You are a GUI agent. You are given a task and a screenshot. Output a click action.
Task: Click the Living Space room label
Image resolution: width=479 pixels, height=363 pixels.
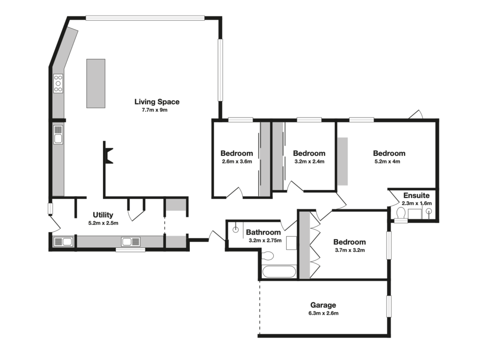pos(157,102)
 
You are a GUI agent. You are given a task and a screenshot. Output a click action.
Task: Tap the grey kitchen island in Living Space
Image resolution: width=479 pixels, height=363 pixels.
pos(95,83)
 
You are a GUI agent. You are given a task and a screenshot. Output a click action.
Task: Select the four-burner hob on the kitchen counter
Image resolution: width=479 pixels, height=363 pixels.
pos(58,83)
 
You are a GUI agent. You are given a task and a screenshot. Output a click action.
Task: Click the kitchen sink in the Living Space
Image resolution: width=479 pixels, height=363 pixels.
pos(58,134)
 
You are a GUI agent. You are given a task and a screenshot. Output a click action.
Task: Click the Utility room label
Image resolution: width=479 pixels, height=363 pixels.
pos(103,215)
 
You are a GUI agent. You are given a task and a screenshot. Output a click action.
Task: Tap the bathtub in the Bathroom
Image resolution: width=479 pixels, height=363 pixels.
pos(279,272)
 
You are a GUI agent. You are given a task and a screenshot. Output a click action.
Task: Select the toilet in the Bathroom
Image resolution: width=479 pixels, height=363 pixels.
pos(268,256)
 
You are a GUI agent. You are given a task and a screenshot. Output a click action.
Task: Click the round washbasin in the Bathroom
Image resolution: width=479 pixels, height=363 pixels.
pos(236,230)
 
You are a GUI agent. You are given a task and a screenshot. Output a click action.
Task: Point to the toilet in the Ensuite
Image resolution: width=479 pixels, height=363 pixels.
pos(400,214)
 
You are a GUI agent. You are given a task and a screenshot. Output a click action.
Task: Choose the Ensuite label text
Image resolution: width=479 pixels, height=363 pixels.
pos(416,195)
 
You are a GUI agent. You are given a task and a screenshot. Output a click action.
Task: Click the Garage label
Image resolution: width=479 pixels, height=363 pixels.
pos(323,305)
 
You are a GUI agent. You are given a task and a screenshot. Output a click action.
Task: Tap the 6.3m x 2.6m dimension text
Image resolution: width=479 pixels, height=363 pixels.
pos(323,313)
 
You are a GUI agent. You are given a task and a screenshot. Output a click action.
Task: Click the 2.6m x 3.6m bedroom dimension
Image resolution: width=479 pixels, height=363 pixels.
pos(237,162)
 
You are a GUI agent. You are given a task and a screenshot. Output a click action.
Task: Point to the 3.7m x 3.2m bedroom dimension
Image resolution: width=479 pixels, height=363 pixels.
pos(349,250)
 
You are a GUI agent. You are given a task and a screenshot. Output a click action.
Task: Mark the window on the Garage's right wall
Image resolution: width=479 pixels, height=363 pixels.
pos(388,306)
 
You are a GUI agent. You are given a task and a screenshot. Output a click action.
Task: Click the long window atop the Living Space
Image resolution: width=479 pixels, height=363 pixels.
pos(145,18)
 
